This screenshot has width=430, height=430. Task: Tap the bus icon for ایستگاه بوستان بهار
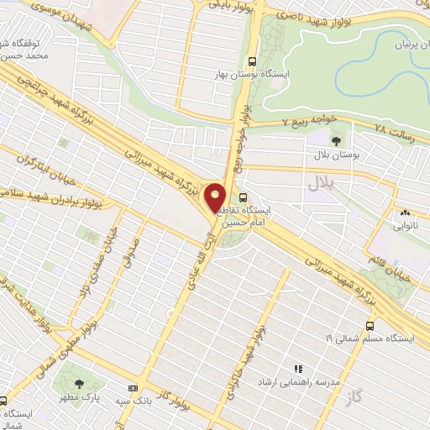pyautogui.click(x=253, y=61)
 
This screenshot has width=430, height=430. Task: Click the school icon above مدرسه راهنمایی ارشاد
pyautogui.click(x=296, y=368)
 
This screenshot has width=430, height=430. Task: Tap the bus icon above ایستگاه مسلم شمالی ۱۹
pyautogui.click(x=370, y=325)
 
